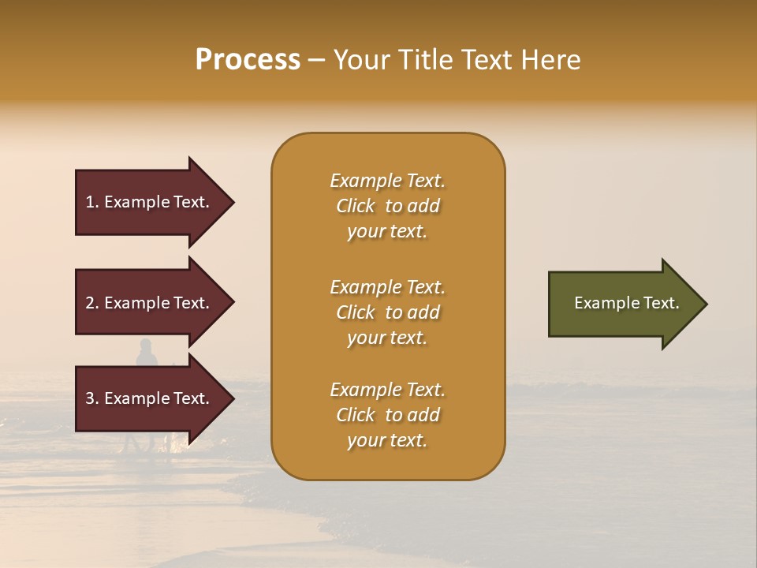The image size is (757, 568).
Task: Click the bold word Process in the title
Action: [x=248, y=60]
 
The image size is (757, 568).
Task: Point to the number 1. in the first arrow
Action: [x=92, y=202]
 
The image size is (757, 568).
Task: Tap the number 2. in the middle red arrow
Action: [x=92, y=303]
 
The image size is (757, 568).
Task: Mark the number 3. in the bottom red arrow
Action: [x=92, y=398]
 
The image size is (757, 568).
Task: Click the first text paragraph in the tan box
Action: [x=387, y=206]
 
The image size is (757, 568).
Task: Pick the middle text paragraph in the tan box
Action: [x=387, y=312]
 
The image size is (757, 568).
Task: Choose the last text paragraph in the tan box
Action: [x=387, y=415]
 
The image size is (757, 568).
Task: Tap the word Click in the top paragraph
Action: [x=356, y=206]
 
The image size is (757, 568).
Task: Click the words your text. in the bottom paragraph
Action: [x=387, y=440]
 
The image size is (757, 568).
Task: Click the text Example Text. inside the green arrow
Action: [x=627, y=303]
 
